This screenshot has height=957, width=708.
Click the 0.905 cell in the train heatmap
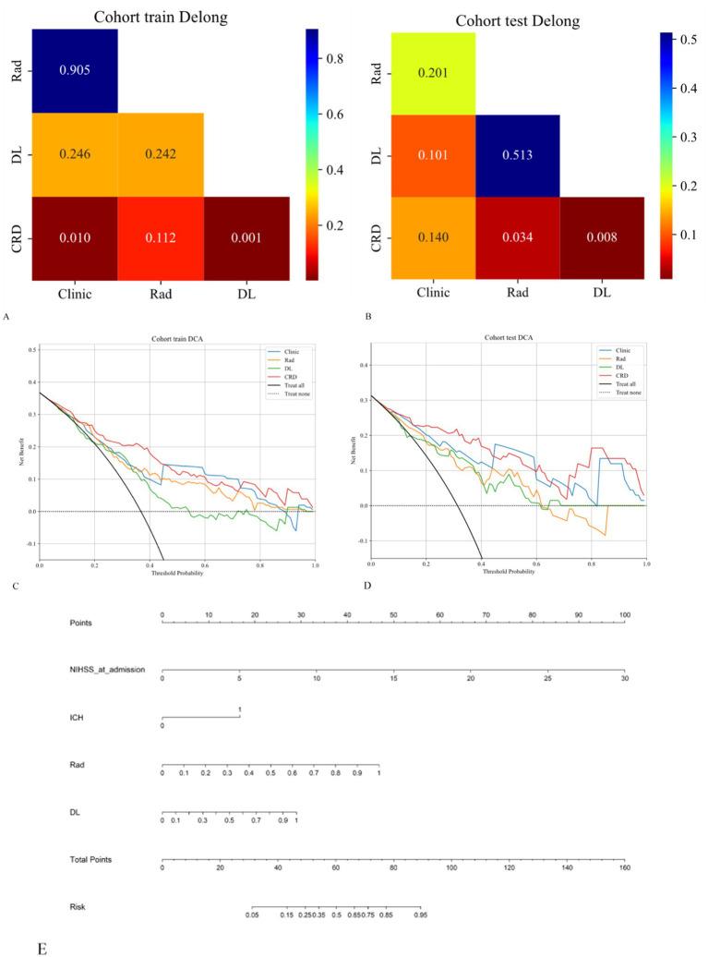click(75, 71)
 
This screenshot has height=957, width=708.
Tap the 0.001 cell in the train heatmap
click(246, 238)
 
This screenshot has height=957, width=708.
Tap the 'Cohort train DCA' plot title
click(176, 340)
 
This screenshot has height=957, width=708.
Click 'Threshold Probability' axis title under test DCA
click(508, 570)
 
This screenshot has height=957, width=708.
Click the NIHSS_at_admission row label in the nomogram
click(107, 669)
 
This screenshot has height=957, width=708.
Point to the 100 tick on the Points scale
click(625, 614)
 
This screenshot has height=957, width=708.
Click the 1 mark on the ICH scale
click(240, 709)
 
